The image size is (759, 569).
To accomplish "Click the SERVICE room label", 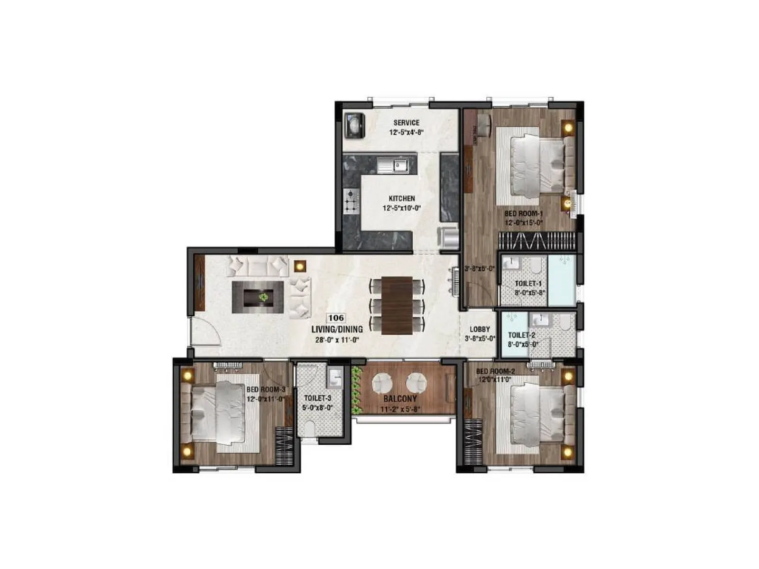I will [406, 123].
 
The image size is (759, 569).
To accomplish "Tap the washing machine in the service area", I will [354, 125].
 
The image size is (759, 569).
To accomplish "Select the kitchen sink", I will [393, 165].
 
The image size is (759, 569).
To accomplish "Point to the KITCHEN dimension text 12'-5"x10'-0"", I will [402, 208].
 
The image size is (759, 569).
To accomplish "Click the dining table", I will [398, 305].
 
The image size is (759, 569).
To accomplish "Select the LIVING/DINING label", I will [337, 329].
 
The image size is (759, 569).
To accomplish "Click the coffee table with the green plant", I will [258, 297].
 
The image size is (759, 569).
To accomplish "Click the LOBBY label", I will [480, 330].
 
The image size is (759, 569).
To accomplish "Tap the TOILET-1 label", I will [528, 284].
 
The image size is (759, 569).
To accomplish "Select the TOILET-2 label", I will [521, 335].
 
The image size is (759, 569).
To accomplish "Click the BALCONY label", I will [400, 399].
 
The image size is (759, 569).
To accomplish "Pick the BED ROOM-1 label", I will [523, 214].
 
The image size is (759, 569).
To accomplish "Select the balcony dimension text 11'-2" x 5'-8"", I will [401, 410].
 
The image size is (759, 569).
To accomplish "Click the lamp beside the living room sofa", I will [299, 266].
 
